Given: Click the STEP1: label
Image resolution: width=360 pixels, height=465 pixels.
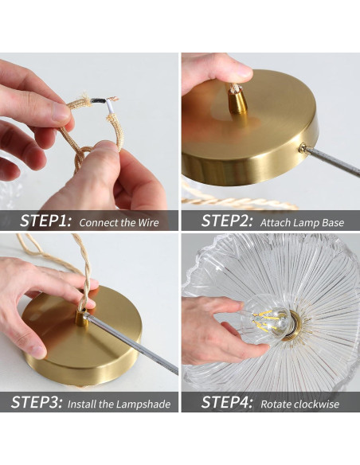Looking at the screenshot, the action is tap(45, 221).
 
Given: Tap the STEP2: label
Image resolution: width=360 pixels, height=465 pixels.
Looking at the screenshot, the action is tap(227, 221).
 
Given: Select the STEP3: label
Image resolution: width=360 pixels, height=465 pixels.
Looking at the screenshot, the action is tap(37, 402).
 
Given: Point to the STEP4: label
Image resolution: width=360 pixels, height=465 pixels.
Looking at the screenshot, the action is tap(227, 402).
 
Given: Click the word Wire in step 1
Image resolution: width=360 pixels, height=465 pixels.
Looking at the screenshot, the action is tap(148, 222).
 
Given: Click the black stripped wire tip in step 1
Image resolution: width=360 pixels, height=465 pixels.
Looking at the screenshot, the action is tap(99, 100).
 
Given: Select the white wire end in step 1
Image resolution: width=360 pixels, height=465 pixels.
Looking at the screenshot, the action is tap(109, 107).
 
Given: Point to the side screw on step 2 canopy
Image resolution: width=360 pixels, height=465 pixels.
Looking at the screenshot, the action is tap(303, 147).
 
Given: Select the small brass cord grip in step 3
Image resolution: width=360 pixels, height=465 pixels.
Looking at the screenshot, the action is tap(81, 318).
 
